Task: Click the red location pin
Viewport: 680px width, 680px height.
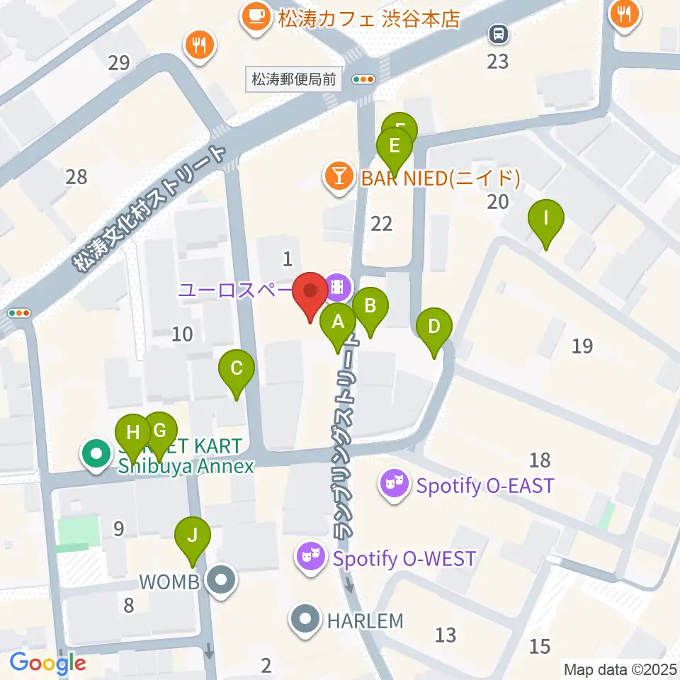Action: [x=310, y=292]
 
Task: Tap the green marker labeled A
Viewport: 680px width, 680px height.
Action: [x=338, y=323]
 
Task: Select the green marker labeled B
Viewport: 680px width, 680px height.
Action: [x=370, y=307]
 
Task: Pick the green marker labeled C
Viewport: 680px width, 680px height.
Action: [x=237, y=369]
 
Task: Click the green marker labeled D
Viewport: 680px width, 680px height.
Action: [x=434, y=328]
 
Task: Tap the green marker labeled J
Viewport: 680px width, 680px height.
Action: [x=191, y=535]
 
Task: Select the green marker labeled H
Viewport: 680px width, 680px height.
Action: [x=133, y=432]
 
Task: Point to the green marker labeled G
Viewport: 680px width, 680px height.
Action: [x=160, y=431]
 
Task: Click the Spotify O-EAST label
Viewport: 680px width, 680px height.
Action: [x=484, y=486]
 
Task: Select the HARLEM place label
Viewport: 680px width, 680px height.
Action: [x=365, y=621]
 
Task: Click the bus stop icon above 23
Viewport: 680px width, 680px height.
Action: [x=498, y=33]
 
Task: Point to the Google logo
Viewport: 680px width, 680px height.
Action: [x=47, y=664]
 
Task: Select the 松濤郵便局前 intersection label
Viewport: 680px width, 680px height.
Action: [x=294, y=80]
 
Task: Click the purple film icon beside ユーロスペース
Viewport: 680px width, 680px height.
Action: [x=339, y=287]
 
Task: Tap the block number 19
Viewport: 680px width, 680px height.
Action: [x=582, y=346]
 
